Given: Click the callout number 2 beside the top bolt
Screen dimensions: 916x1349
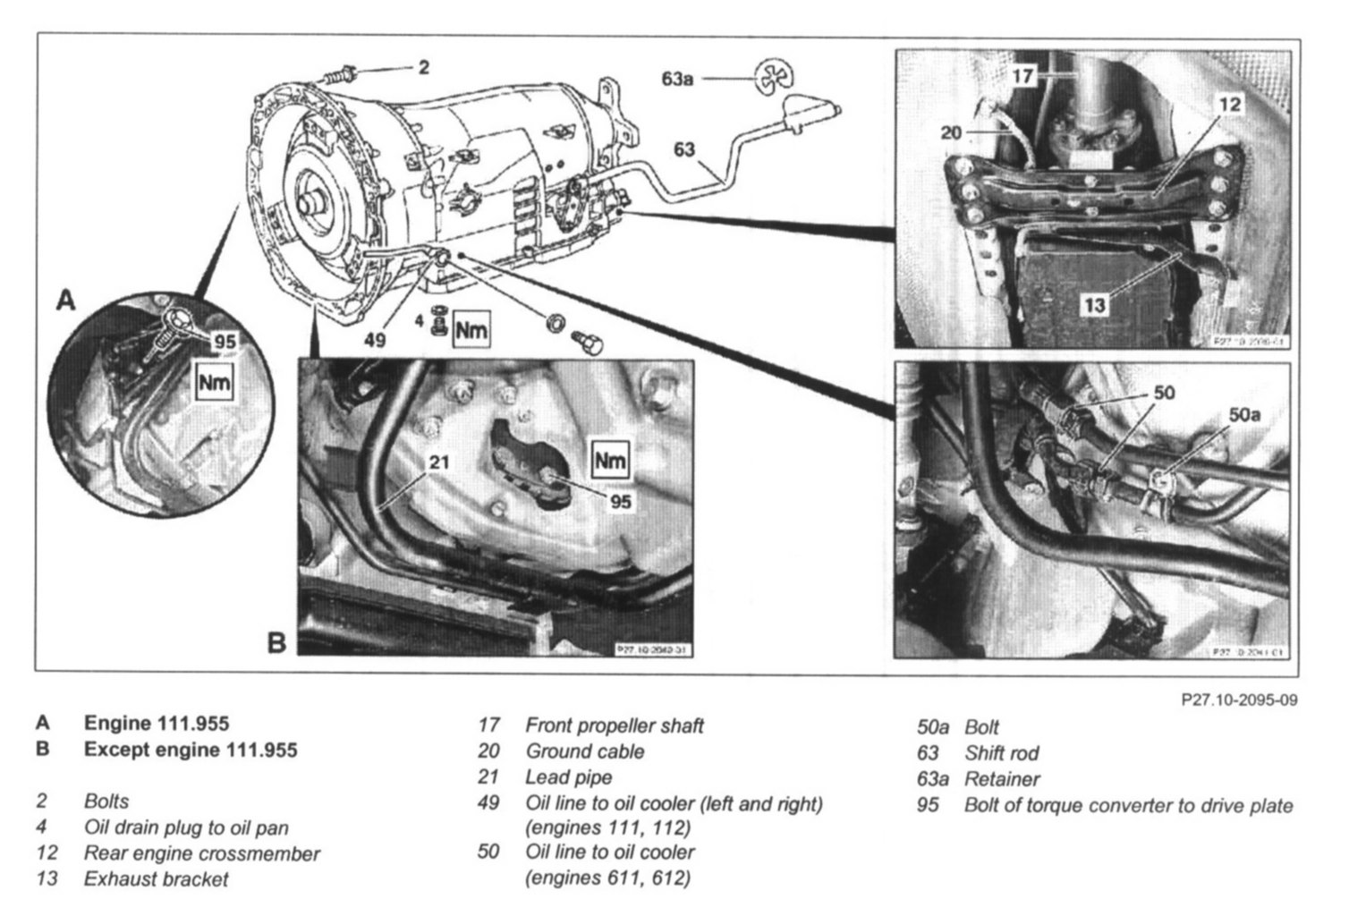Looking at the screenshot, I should click(423, 67).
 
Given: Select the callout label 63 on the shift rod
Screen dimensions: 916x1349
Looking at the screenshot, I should click(684, 149).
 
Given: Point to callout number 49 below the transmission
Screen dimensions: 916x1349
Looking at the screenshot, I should click(376, 340).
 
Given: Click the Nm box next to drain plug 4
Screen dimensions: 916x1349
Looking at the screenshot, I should click(471, 330).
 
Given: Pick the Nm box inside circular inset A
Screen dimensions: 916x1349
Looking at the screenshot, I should click(214, 384).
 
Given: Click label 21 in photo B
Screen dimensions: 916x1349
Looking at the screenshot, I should click(439, 462).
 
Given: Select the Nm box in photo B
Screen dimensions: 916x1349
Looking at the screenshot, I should click(610, 461).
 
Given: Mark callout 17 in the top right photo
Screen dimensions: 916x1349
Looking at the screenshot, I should click(1023, 76).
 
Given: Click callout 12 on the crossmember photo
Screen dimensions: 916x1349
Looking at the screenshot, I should click(1230, 105).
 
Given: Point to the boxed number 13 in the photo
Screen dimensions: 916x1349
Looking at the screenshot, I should click(1094, 306).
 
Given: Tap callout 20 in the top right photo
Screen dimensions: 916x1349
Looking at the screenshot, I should click(951, 132).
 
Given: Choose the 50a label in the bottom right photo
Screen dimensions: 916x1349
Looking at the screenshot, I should click(1244, 415).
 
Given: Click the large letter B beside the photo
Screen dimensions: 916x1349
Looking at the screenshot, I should click(277, 641).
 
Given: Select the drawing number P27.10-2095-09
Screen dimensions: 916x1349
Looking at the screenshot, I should click(1239, 700).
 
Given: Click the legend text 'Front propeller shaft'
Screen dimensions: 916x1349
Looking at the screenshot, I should click(614, 725).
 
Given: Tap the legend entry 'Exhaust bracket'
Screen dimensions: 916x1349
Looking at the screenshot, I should click(156, 879).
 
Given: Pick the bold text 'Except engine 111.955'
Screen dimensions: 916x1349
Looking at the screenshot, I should click(190, 749).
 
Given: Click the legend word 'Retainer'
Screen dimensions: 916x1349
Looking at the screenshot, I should click(1002, 779).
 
